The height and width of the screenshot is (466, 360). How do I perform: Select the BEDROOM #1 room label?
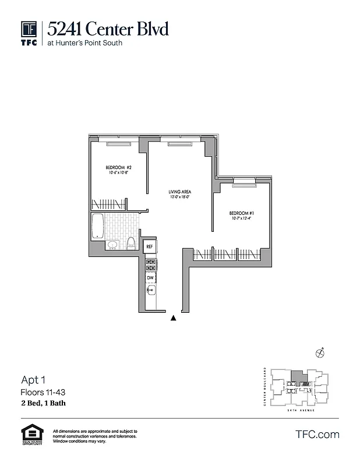241,213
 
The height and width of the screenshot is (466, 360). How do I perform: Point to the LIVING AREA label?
180,192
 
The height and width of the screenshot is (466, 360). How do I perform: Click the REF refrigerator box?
150,246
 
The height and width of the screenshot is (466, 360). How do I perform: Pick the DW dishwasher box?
150,278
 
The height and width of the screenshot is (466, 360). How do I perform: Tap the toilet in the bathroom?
131,243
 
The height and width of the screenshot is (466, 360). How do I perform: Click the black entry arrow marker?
173,318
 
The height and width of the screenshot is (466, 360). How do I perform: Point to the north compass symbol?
319,352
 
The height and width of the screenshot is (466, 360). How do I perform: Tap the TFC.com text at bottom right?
317,434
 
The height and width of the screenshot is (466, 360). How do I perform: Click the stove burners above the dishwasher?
150,265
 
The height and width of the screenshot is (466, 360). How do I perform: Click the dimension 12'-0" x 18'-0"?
180,197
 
